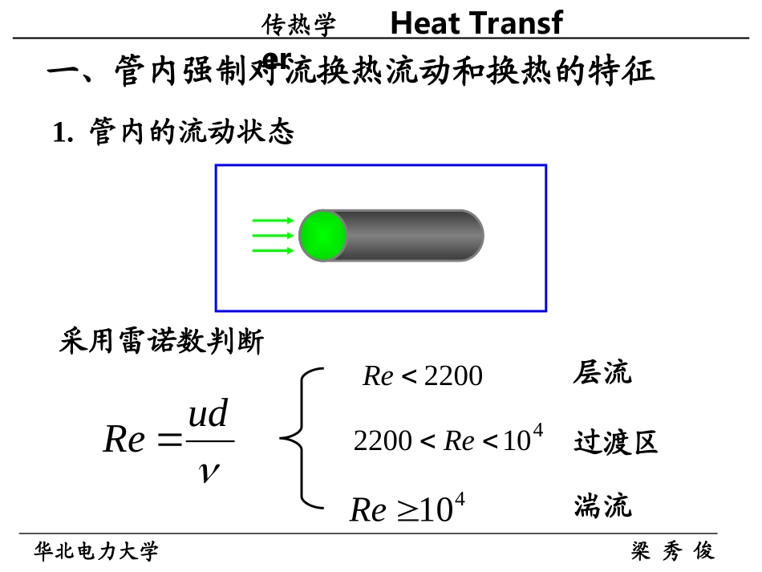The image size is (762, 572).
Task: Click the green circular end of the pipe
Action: coord(322,236)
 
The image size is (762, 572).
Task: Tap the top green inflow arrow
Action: coord(273,221)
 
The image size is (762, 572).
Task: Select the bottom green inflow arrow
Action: coord(273,250)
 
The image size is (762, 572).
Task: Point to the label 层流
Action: coord(602,373)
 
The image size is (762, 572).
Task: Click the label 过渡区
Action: coord(615,442)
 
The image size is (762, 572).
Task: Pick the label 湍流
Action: coord(602,506)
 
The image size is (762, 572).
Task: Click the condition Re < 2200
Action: coord(423,375)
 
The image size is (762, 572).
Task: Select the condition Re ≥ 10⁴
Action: coord(407,509)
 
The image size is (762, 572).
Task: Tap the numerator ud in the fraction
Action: coord(208,415)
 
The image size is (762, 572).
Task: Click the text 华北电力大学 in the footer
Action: coord(96,551)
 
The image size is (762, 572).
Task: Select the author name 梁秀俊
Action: coord(672,551)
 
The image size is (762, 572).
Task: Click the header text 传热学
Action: coord(298,26)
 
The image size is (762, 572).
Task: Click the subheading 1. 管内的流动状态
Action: coord(173,132)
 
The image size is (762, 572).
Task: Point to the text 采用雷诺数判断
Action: coord(161,342)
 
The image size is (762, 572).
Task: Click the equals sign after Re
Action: coord(171,440)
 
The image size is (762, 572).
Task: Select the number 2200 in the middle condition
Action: coord(383,441)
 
